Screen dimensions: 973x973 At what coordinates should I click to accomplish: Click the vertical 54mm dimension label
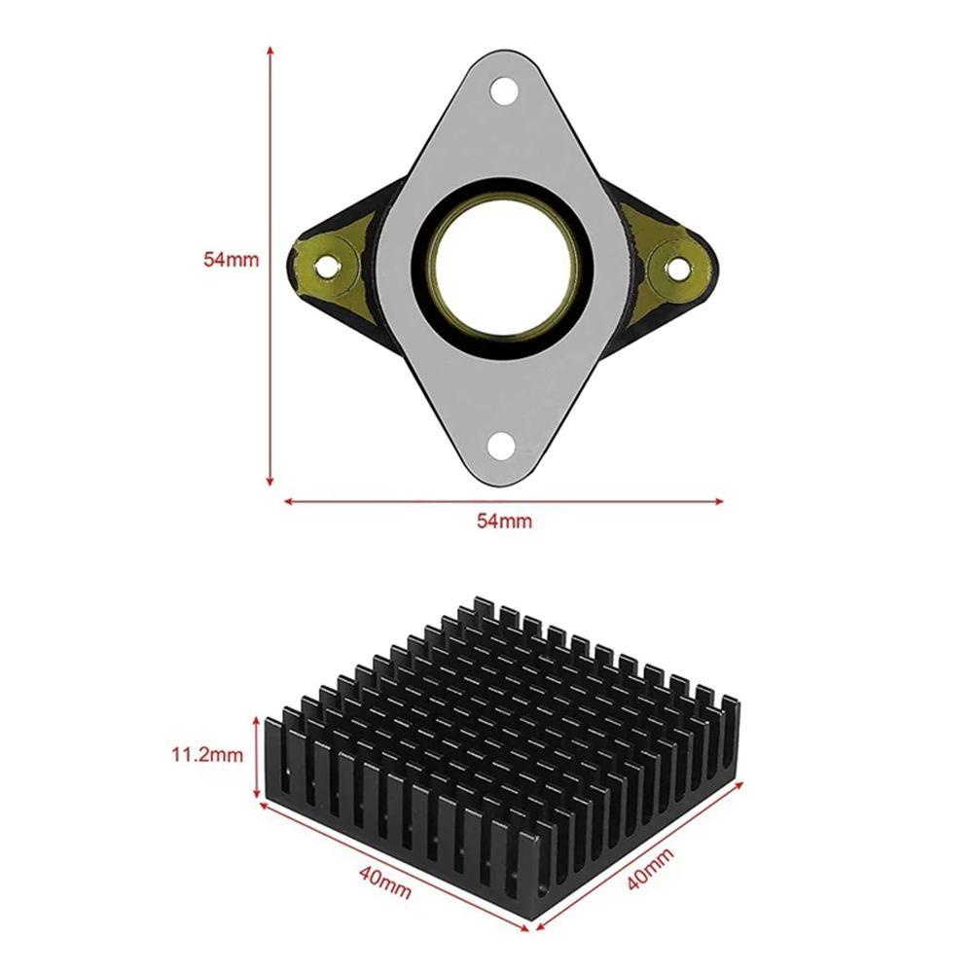click(231, 259)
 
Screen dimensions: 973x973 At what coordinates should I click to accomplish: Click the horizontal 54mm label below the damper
click(504, 521)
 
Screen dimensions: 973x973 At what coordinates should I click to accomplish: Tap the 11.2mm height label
click(207, 755)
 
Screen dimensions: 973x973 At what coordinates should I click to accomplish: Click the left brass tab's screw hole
click(325, 268)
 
